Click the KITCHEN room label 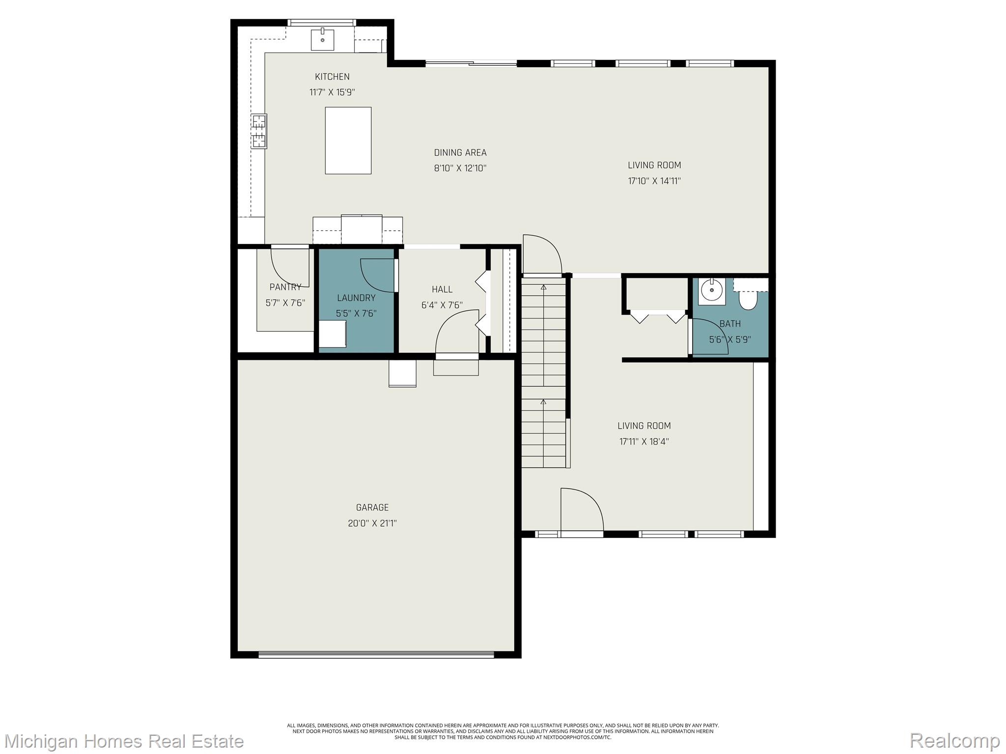332,77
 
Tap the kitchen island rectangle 348,140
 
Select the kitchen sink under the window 322,39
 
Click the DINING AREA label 460,153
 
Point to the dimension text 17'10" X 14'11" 654,181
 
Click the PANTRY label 285,287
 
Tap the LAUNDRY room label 356,297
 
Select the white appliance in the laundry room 333,334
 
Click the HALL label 442,289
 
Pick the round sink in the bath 711,291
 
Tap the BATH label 730,323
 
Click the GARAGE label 372,507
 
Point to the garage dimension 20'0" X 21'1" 372,523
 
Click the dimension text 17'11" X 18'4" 643,441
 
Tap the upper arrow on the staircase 543,287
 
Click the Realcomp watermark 954,740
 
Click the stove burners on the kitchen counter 259,131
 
